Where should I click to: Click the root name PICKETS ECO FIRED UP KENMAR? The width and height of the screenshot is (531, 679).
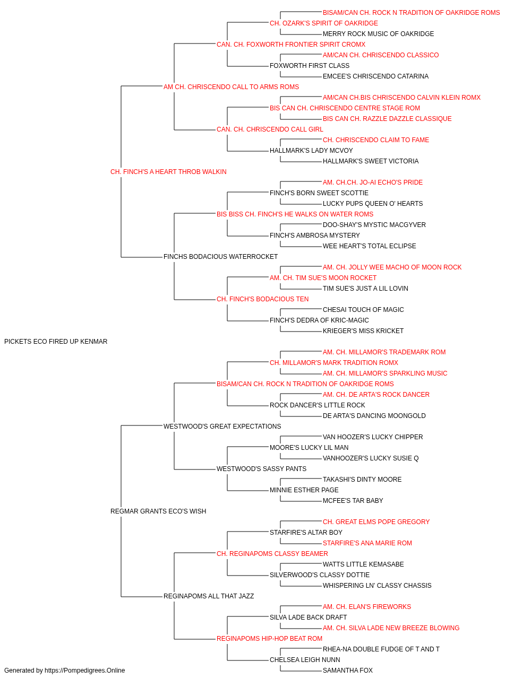[x=56, y=342]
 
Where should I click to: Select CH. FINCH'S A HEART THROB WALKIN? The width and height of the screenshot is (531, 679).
[x=168, y=172]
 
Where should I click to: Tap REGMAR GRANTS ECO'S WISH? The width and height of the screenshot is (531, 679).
[x=158, y=511]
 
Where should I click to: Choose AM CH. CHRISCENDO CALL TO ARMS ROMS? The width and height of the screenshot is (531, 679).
[x=231, y=87]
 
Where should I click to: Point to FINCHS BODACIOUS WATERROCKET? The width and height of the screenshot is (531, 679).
[x=220, y=257]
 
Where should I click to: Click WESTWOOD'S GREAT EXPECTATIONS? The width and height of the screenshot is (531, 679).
[x=222, y=426]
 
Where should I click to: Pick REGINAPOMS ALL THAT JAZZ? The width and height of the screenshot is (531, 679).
[x=209, y=596]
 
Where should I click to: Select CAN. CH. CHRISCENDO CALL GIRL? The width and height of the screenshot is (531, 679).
[x=270, y=129]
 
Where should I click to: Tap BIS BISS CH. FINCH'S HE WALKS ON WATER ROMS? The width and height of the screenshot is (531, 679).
[x=295, y=214]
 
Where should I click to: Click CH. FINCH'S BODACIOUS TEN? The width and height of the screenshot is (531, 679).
[x=262, y=299]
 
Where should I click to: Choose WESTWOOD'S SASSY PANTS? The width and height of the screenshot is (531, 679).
[x=261, y=469]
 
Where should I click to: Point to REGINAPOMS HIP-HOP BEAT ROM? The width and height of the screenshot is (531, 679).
[x=269, y=638]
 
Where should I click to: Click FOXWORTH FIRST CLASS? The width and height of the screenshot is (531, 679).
[x=310, y=66]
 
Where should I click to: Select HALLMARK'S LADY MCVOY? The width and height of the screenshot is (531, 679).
[x=311, y=151]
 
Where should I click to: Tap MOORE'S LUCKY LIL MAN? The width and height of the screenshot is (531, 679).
[x=309, y=448]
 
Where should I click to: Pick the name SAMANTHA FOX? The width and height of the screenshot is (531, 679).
[x=348, y=671]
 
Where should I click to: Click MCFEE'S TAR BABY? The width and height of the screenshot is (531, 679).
[x=353, y=501]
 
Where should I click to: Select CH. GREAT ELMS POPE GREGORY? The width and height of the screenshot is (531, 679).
[x=376, y=522]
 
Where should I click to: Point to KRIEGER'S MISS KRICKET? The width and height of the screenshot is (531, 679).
[x=363, y=331]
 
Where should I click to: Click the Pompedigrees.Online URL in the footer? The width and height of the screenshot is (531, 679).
[x=84, y=671]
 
